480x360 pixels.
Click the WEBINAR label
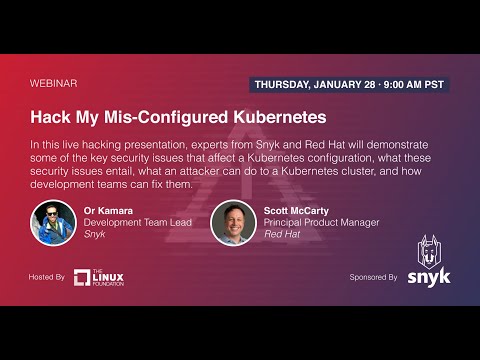point(54,84)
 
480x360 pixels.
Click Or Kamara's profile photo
point(53,221)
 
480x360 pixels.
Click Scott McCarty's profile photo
point(233,221)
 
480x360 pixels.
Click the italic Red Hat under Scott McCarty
point(284,234)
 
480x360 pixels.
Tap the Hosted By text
point(47,276)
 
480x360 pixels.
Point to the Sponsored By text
point(373,276)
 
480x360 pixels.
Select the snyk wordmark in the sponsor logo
point(429,277)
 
